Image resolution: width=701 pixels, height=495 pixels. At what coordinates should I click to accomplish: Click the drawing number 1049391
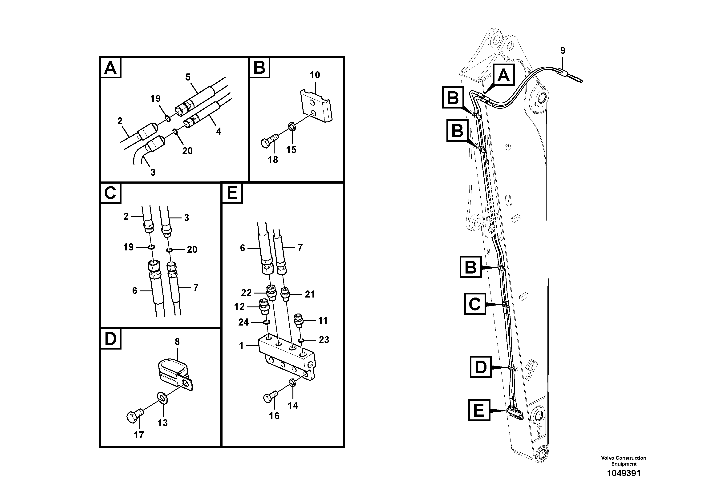(624, 473)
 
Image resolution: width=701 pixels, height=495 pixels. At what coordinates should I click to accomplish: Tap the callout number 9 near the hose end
(563, 51)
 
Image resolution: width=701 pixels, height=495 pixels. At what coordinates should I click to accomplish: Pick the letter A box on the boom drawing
(503, 75)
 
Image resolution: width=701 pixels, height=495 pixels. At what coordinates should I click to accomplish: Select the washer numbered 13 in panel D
(162, 398)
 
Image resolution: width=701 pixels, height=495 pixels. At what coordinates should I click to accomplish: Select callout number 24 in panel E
(243, 322)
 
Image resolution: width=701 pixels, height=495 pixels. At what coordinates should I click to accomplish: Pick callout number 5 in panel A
(188, 77)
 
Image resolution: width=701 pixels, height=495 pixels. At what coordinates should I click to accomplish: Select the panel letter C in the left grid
(110, 193)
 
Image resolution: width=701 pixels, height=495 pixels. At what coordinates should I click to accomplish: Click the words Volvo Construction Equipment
(624, 461)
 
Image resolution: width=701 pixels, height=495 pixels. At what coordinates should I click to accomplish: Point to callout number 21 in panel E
(310, 294)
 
